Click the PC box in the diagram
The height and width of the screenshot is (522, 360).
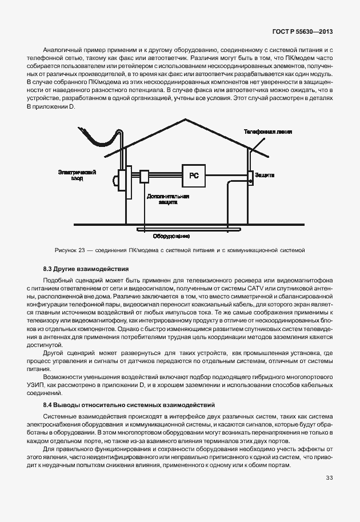[x=194, y=176]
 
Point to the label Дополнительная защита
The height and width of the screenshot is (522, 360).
[x=168, y=199]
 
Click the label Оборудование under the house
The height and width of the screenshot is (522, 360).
[x=171, y=236]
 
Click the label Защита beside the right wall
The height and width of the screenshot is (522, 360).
[x=266, y=174]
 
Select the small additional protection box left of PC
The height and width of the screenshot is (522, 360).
[x=144, y=176]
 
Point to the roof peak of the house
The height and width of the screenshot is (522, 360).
[x=185, y=119]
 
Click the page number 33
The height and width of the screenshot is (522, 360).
[x=329, y=478]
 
